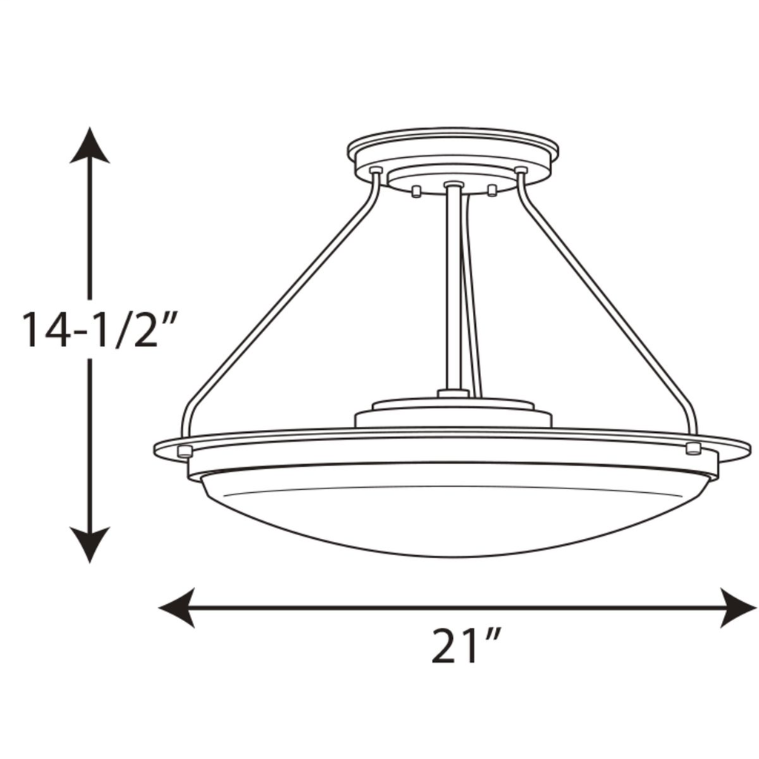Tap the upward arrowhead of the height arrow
90,146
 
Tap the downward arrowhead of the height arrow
90,545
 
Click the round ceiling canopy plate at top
453,152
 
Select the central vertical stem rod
452,289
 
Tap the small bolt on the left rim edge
186,451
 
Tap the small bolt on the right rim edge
694,447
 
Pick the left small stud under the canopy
417,192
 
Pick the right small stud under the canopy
491,190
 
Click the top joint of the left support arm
376,172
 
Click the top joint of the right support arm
520,172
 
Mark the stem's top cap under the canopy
453,184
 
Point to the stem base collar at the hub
453,392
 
